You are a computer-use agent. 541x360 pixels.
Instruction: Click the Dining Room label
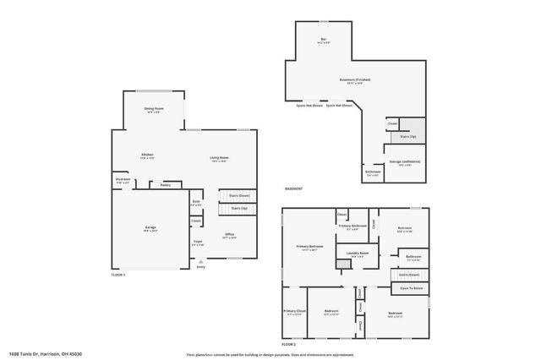153,108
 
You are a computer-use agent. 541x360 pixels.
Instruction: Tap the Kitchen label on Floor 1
147,155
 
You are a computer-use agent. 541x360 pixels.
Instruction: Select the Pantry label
166,184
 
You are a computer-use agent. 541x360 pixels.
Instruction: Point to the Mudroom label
123,179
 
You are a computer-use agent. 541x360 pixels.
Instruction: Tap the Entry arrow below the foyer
200,263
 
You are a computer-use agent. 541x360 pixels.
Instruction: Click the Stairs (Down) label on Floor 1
239,195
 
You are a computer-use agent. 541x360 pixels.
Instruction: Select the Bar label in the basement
323,39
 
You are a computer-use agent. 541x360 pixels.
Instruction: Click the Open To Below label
411,288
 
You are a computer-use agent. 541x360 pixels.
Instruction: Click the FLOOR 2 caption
289,345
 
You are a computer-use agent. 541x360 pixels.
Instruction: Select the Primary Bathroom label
352,226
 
